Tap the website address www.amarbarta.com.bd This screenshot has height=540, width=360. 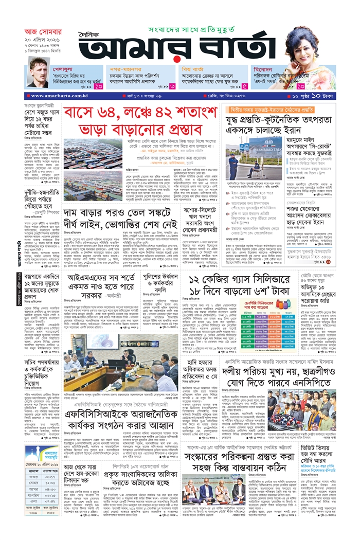coord(56,96)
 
